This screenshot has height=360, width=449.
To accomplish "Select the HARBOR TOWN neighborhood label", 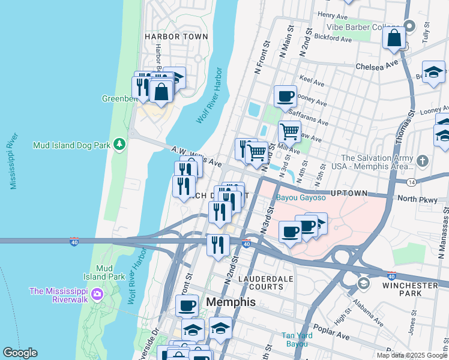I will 176,37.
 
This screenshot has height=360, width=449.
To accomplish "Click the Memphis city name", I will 231,302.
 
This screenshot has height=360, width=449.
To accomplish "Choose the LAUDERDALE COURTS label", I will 266,283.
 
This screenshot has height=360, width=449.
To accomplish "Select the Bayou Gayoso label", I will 300,197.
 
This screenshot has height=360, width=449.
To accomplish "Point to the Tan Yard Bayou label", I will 295,340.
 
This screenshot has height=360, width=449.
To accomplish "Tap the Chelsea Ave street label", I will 377,66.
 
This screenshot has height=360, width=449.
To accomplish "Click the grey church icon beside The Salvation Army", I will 423,161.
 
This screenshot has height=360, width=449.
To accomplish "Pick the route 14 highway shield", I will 411,181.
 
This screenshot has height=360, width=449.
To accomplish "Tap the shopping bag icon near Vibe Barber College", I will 394,38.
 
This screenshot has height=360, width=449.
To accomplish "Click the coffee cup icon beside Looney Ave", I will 285,95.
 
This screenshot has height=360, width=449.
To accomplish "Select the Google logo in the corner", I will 20,353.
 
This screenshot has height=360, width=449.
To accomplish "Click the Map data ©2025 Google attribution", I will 412,355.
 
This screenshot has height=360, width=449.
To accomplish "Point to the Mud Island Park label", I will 104,272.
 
